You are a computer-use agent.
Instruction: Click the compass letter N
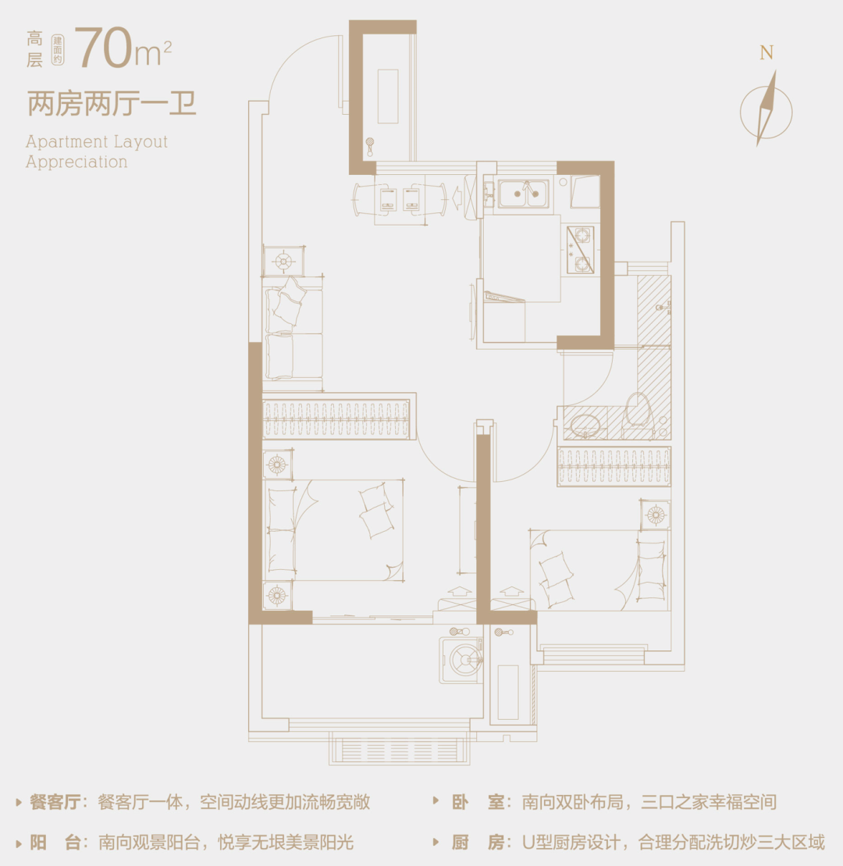[767, 53]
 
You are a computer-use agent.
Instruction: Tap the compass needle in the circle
[767, 109]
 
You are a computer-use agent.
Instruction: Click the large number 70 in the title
[105, 48]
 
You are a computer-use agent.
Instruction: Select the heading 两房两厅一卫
[112, 104]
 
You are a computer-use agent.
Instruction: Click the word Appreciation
[76, 162]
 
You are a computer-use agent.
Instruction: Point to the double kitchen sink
[523, 194]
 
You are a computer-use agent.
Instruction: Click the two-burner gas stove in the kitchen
[580, 250]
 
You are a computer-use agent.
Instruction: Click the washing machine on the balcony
[461, 659]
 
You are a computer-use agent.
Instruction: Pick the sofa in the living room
[293, 333]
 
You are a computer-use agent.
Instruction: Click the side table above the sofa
[283, 261]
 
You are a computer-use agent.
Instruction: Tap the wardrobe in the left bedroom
[336, 419]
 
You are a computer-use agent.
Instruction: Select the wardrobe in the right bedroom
[614, 466]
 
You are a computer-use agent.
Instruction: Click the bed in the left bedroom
[335, 529]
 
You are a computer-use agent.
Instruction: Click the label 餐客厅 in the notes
[55, 802]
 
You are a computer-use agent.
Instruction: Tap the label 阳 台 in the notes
[55, 843]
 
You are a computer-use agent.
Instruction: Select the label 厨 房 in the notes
[478, 843]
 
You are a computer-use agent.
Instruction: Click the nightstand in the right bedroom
[656, 515]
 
